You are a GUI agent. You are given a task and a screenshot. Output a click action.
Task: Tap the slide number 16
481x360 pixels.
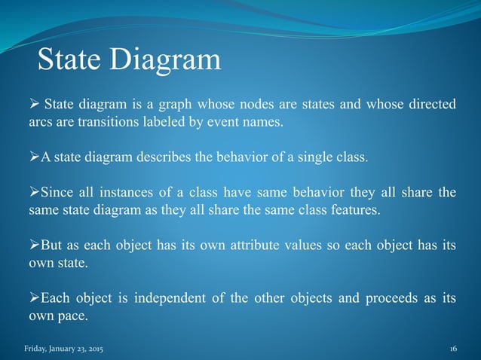453,349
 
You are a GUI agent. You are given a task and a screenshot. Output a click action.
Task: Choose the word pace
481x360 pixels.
71,316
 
